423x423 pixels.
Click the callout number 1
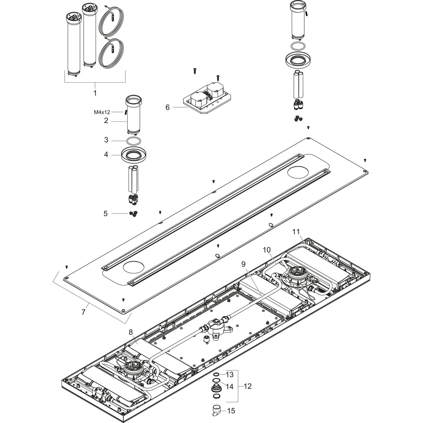pos(95,93)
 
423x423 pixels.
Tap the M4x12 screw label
pos(102,112)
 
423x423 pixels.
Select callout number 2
pos(106,121)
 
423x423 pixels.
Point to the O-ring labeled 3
pos(133,141)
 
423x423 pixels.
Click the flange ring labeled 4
pos(133,155)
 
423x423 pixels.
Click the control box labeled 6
pos(204,100)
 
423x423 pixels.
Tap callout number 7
pos(83,312)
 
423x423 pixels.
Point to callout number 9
pos(244,264)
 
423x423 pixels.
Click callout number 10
pos(266,249)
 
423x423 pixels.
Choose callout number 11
pos(296,231)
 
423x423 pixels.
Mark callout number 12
pos(248,386)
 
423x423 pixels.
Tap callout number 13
pos(230,375)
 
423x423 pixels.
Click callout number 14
pos(230,387)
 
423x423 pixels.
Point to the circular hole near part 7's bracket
pos(133,268)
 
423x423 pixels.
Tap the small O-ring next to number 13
pos(216,375)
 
